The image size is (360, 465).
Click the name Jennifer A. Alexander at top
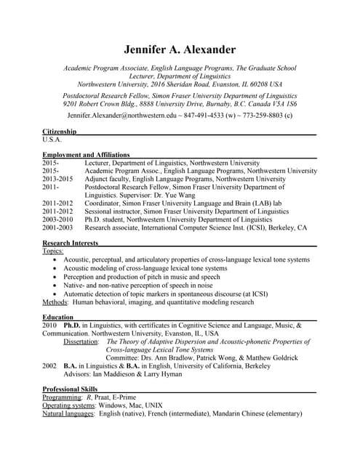pyautogui.click(x=180, y=49)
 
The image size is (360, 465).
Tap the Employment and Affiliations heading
pyautogui.click(x=86, y=155)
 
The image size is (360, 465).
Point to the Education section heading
pyautogui.click(x=57, y=318)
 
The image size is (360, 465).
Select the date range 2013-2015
pyautogui.click(x=57, y=179)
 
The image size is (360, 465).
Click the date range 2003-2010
pyautogui.click(x=57, y=219)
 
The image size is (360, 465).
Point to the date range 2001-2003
pyautogui.click(x=57, y=227)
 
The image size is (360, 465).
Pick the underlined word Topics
pyautogui.click(x=53, y=251)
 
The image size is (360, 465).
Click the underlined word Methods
pyautogui.click(x=55, y=302)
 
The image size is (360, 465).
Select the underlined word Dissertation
pyautogui.click(x=82, y=341)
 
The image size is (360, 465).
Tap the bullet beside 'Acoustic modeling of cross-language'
pyautogui.click(x=55, y=268)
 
